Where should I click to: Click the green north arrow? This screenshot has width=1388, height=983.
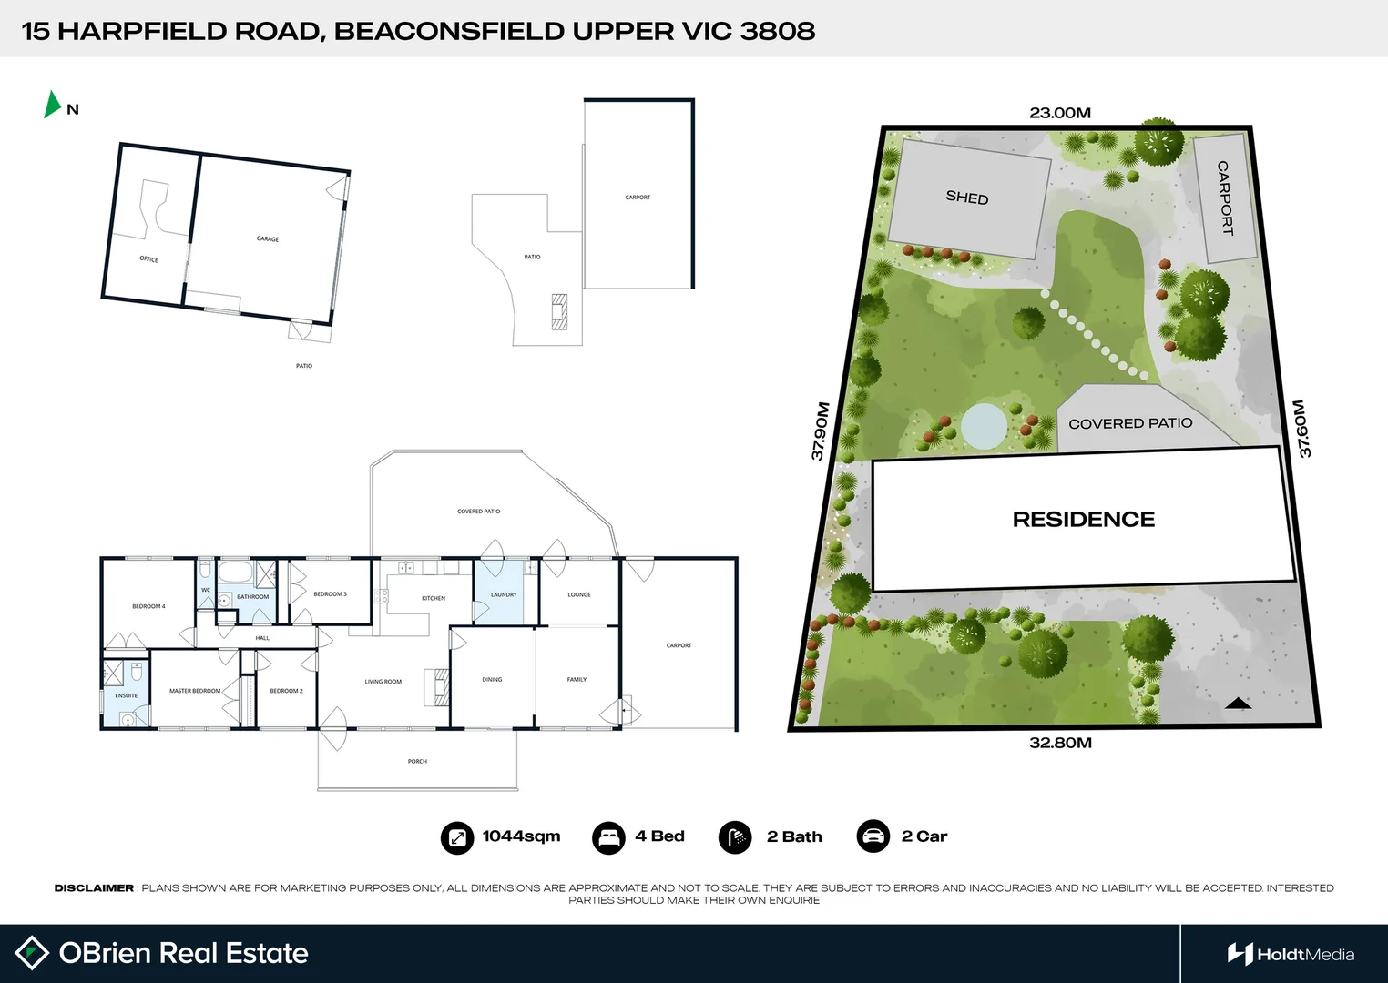pos(52,105)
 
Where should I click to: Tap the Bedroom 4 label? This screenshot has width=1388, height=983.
pos(148,606)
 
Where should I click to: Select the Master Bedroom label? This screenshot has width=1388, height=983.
pos(195,691)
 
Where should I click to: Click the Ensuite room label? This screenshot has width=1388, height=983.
pos(127,695)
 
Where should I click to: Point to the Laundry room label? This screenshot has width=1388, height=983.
pos(504,594)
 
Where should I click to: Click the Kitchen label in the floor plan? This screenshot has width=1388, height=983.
pos(434,598)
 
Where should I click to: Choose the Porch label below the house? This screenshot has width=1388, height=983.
pos(417,761)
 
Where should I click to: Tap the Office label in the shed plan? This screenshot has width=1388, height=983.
pos(148,259)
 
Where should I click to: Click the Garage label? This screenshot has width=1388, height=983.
pos(268,239)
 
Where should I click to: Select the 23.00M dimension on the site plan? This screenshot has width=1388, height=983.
pos(1060,113)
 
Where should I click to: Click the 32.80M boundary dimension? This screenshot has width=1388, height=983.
pos(1060,743)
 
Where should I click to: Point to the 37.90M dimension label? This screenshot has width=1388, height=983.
pos(821,431)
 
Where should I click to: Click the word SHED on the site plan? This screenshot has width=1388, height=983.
pos(966,198)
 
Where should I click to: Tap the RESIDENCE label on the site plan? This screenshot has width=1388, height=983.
pos(1083,519)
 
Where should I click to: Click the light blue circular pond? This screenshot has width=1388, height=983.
pos(985,425)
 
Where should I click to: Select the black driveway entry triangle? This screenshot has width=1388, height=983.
pos(1238,703)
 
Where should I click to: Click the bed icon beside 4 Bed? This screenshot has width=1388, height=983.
pos(607,837)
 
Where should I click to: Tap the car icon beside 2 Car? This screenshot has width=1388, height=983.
pos(873,836)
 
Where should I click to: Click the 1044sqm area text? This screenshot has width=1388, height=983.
pos(521,836)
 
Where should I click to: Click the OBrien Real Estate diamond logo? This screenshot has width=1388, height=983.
pos(32,953)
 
